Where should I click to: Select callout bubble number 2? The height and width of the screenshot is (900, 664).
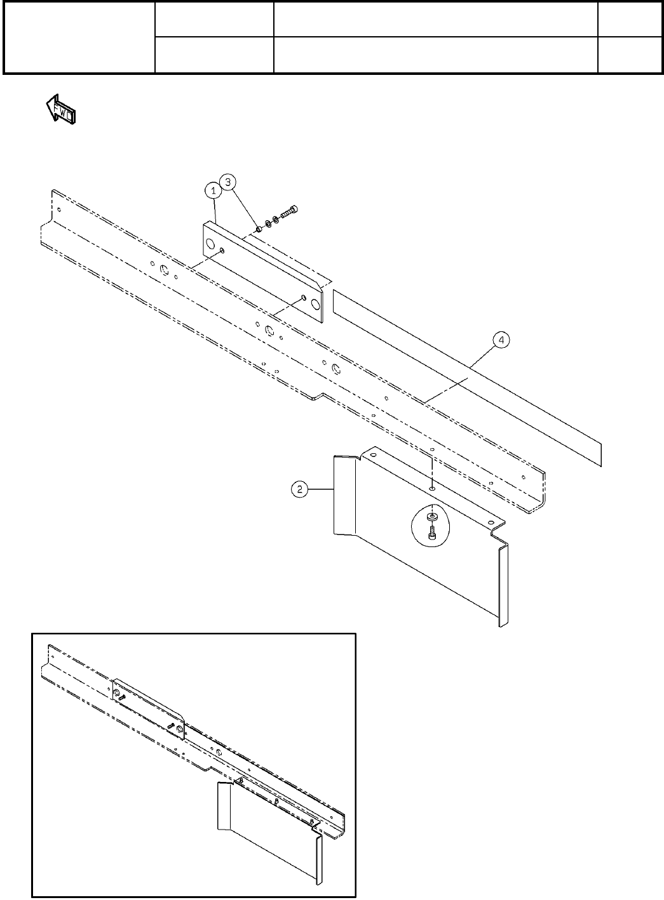click(x=299, y=489)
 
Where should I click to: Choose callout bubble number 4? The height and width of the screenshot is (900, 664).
click(x=501, y=341)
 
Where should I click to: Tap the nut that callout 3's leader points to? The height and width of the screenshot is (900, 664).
click(x=259, y=228)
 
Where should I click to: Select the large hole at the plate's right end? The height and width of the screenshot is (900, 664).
click(x=316, y=303)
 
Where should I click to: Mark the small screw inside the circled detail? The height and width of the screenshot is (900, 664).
click(x=432, y=535)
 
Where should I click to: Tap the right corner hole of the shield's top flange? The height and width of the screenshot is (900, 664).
click(x=491, y=522)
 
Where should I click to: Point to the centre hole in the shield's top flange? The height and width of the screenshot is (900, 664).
click(x=431, y=489)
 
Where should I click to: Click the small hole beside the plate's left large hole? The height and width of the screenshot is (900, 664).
click(x=222, y=251)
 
